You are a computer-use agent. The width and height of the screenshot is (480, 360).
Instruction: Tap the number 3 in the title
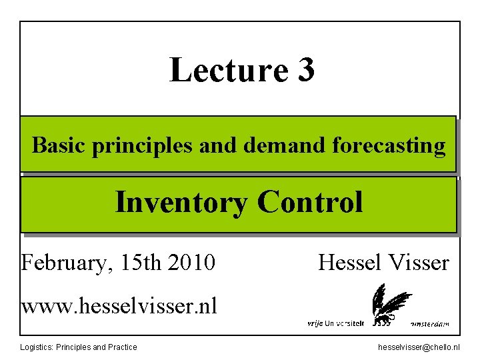point(303,70)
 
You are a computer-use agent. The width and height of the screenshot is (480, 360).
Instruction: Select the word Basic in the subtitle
point(59,145)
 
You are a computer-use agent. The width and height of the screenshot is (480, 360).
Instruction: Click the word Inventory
point(180,202)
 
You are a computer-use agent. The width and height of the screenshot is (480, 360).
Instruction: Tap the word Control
point(310,202)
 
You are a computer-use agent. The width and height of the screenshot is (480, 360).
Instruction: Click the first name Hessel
point(349,263)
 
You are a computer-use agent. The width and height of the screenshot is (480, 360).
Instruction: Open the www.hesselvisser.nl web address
point(119,307)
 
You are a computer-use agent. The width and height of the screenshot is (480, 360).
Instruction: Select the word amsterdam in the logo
point(427,324)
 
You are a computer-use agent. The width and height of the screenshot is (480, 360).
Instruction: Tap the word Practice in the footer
point(122,347)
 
